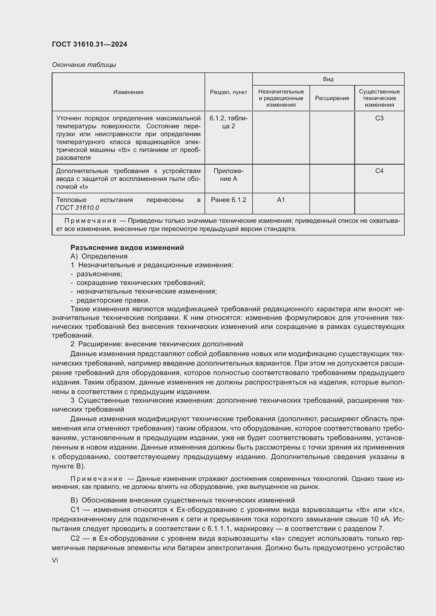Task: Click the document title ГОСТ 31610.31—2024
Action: [89, 44]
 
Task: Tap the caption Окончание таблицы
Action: [84, 65]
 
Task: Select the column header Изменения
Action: [128, 92]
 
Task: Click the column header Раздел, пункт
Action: [228, 92]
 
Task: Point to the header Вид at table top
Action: [328, 79]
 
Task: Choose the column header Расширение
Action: [332, 98]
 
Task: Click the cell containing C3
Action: [379, 118]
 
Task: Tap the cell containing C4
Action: [379, 171]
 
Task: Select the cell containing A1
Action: [280, 200]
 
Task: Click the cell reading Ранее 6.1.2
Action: [228, 200]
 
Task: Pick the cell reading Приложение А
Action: [228, 175]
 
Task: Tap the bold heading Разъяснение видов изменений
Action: [127, 247]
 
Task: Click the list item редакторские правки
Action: [113, 300]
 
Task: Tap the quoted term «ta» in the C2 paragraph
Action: [278, 539]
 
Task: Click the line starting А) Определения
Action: [99, 256]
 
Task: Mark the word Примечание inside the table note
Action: [90, 221]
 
